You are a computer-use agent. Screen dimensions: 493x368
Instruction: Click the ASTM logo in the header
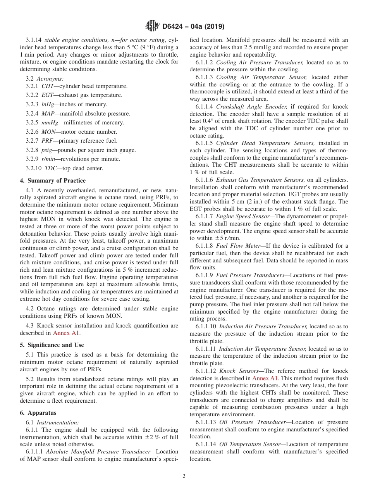(x=152, y=26)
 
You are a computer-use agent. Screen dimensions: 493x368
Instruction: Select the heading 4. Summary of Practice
(x=53, y=181)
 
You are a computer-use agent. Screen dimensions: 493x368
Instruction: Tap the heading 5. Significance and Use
(x=52, y=345)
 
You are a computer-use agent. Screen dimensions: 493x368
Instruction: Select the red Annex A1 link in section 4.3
(x=67, y=333)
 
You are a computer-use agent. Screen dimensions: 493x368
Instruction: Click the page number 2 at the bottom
(x=184, y=476)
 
